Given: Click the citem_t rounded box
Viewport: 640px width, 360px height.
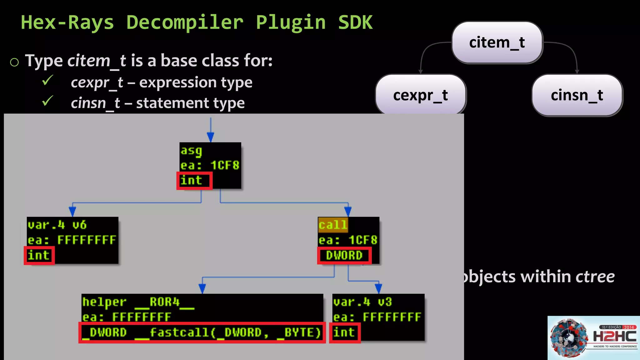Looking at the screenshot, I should coord(497,42).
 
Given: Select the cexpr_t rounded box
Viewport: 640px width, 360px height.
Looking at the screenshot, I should coord(421,95).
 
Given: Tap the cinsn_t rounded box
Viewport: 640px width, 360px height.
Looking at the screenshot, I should coord(577,95).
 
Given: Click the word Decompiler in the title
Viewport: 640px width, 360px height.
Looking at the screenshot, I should coord(185,22).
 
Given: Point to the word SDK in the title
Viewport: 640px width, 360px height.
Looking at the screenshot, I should coord(355,22).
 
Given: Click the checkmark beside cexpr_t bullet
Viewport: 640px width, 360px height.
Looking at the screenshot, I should coord(47,81).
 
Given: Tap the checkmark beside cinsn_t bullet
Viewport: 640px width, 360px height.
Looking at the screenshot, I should coord(47,101).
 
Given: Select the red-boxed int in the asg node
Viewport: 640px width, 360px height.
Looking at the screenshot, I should coord(194,181).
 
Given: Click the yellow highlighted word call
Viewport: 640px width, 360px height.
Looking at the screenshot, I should coord(333,225).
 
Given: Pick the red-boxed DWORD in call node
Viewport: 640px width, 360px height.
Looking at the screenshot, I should coord(344,256).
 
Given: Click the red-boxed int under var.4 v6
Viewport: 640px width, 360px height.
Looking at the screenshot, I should coord(39,256).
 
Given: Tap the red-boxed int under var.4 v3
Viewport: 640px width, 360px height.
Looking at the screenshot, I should coord(344,332).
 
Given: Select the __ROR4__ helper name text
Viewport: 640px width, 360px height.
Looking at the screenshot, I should coord(164,302).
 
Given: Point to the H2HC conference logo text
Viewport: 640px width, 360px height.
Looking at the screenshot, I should coord(614,337).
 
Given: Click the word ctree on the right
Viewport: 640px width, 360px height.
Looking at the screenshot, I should coord(595,277).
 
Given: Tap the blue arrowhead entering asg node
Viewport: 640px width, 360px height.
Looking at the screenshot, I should coord(211,137).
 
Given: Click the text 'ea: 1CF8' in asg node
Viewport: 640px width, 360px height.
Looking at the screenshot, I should coord(210,165).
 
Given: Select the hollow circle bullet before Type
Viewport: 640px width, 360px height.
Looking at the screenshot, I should coord(14,62).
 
